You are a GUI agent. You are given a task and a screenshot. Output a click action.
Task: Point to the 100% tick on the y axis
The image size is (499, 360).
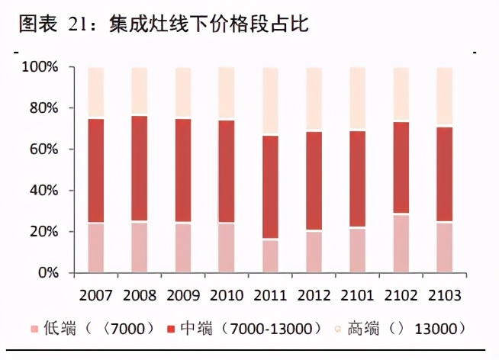40,68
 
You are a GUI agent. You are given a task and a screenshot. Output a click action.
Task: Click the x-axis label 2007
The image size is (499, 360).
95,294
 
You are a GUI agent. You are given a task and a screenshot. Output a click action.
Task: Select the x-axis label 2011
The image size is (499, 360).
271,294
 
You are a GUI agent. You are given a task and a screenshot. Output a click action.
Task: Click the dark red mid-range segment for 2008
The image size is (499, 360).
139,169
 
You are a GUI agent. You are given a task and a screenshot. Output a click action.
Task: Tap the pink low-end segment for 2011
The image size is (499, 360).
271,256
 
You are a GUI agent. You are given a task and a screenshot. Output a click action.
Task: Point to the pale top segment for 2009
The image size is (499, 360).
183,92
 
